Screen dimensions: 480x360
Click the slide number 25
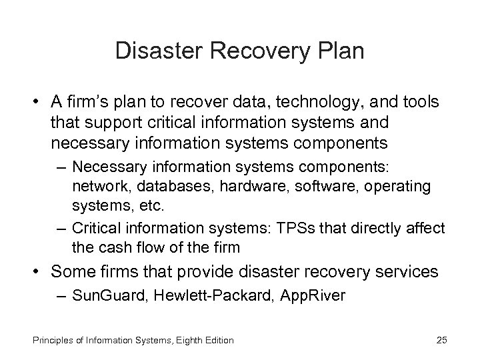pos(441,341)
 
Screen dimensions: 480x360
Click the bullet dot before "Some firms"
pos(39,272)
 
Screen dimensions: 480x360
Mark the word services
pos(407,272)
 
